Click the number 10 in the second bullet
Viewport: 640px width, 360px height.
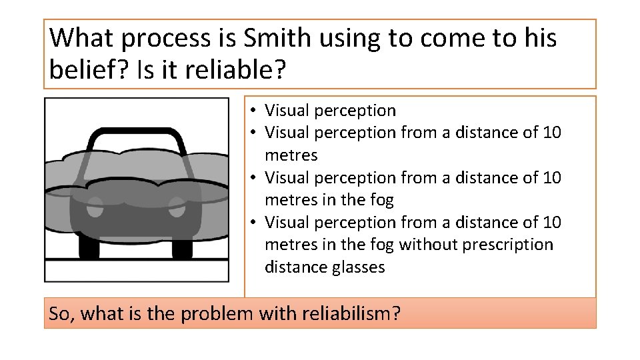coord(552,133)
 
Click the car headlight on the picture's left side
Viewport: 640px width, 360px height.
coord(96,206)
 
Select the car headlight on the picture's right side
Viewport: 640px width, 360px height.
coord(175,206)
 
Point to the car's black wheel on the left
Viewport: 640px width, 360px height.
coord(89,249)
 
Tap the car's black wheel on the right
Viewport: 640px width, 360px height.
coord(182,249)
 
